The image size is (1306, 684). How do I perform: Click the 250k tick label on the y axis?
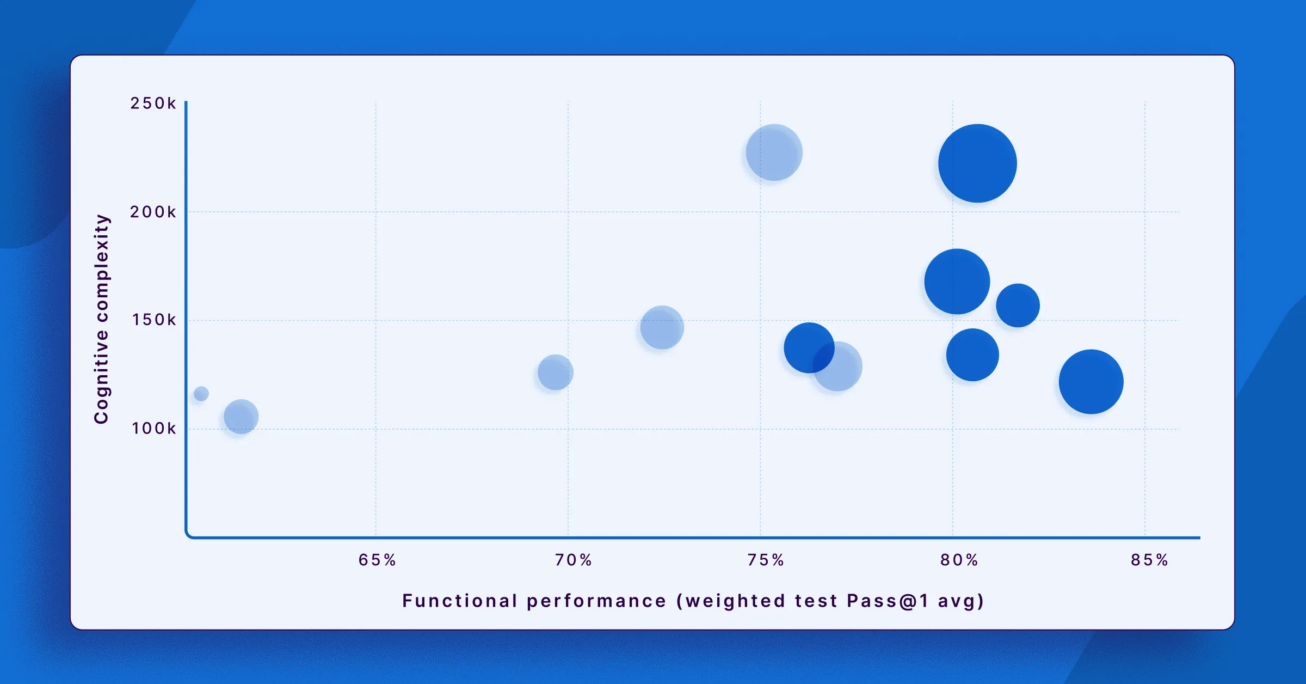tap(153, 103)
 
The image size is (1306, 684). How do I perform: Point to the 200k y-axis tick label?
tap(153, 212)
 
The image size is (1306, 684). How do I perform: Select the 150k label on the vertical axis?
tap(154, 320)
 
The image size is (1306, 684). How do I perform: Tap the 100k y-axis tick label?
tap(154, 429)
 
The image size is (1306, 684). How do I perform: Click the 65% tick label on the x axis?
tap(377, 560)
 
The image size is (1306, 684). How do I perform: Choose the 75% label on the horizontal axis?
tap(766, 560)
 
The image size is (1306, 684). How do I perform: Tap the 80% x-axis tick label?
tap(959, 560)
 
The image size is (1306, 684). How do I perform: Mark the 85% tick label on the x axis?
tap(1149, 560)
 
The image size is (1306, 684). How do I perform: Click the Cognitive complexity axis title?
tap(102, 319)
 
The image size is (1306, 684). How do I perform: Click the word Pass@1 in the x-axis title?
tap(888, 601)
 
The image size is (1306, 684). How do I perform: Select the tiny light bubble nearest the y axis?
tap(201, 393)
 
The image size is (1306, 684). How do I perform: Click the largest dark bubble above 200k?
tap(977, 163)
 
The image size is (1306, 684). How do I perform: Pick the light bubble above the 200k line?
tap(774, 152)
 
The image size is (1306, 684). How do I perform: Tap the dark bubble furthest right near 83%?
tap(1091, 382)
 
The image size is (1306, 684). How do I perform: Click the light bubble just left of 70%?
tap(555, 372)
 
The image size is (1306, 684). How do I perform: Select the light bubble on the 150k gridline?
tap(662, 327)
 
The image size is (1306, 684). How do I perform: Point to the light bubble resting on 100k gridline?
tap(241, 417)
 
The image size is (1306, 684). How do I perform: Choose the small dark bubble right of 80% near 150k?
tap(1018, 306)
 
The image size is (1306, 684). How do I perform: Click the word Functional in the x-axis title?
tap(459, 601)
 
